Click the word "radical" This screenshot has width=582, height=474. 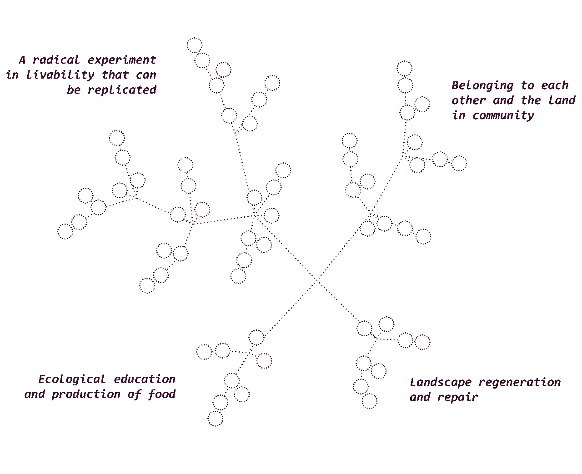click(56, 60)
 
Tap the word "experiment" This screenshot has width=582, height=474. click(122, 60)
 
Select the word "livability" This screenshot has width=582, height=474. click(60, 75)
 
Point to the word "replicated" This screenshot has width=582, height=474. click(122, 90)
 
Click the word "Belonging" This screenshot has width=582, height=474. click(482, 86)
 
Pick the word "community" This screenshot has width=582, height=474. click(503, 116)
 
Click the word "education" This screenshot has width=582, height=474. click(145, 379)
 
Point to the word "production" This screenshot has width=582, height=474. click(86, 394)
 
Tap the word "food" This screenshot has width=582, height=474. click(162, 394)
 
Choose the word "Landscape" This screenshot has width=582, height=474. click(441, 383)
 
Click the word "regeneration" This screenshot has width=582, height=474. click(520, 383)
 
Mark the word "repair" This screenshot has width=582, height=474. click(458, 398)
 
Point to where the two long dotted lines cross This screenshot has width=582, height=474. click(317, 280)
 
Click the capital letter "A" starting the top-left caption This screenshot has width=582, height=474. click(22, 60)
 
